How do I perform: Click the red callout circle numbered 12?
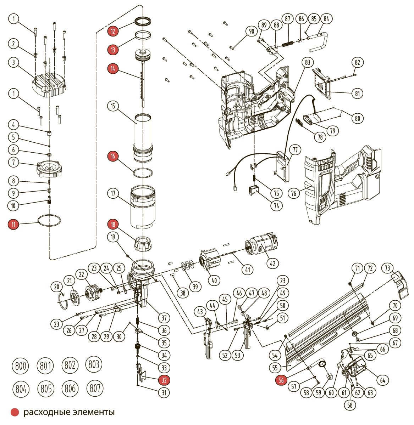pyautogui.click(x=113, y=31)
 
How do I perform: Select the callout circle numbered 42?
pyautogui.click(x=273, y=263)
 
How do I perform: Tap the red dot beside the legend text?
pyautogui.click(x=15, y=412)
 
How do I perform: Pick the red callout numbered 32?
pyautogui.click(x=164, y=380)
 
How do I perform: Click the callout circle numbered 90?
pyautogui.click(x=251, y=31)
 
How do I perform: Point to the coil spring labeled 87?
pyautogui.click(x=287, y=44)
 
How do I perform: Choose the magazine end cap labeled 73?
pyautogui.click(x=399, y=284)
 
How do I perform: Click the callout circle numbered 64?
pyautogui.click(x=382, y=380)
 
